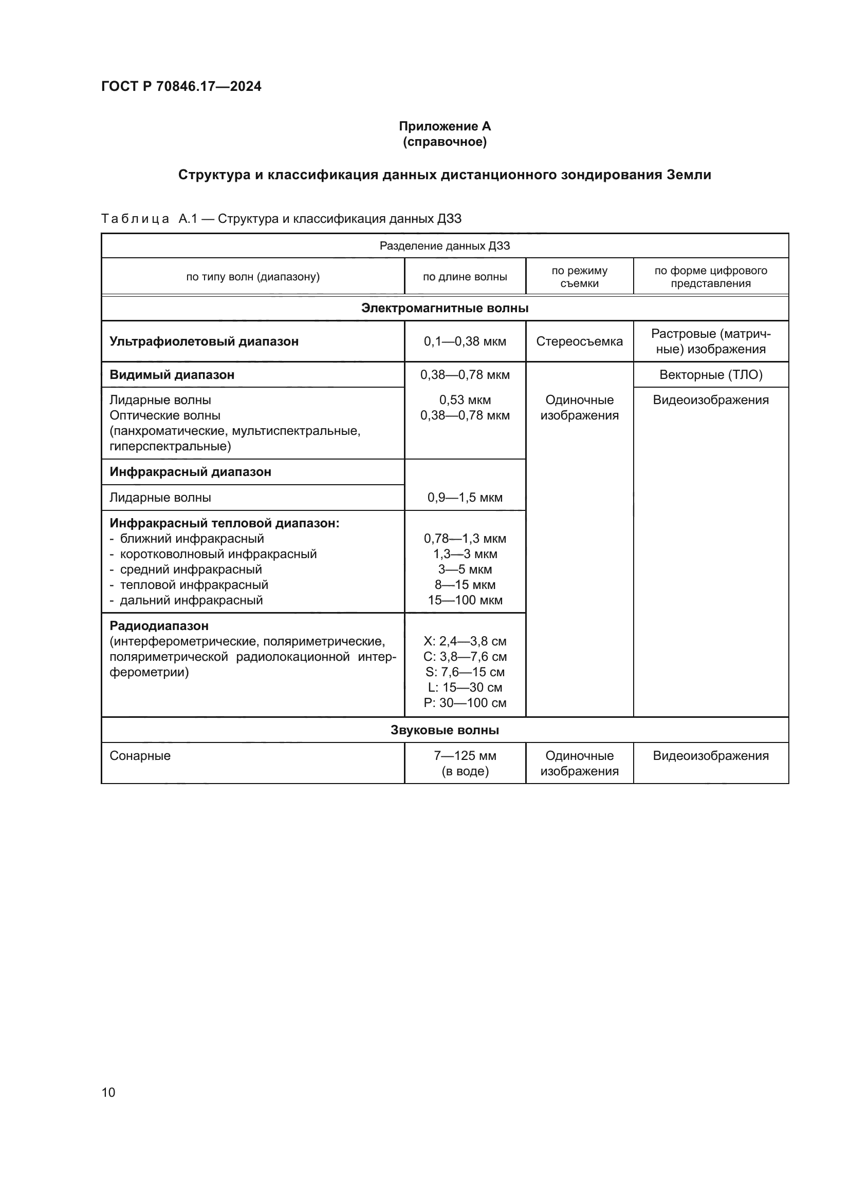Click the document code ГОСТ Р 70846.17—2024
click(x=181, y=86)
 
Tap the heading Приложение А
click(x=445, y=126)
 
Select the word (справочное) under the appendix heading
click(x=445, y=142)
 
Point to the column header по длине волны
click(x=465, y=277)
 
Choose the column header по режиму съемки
click(x=579, y=277)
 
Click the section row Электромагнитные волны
click(x=445, y=308)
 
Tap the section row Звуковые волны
click(x=445, y=730)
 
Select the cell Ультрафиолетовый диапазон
click(x=204, y=341)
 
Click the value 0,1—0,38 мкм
click(x=465, y=341)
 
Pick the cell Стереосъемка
click(x=579, y=341)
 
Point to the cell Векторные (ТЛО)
click(x=711, y=374)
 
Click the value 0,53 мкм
click(x=465, y=400)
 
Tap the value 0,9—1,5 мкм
click(x=465, y=498)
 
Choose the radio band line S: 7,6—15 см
click(x=465, y=672)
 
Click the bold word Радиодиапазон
click(x=159, y=625)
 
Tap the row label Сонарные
click(x=140, y=756)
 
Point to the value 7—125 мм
click(x=465, y=756)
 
